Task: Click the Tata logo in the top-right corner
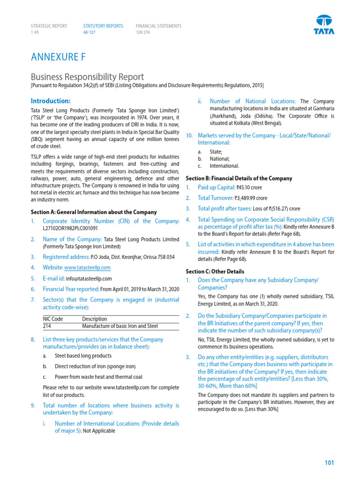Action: click(x=323, y=24)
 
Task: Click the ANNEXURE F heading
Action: click(x=58, y=57)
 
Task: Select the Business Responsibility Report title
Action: click(x=87, y=77)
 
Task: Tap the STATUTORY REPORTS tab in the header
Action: click(x=103, y=26)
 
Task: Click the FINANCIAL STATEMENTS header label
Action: click(x=158, y=26)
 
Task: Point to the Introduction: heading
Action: click(x=51, y=101)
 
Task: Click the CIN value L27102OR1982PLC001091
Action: click(x=70, y=228)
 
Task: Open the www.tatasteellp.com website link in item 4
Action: click(x=87, y=268)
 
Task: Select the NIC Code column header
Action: click(x=53, y=319)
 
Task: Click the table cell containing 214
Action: click(x=47, y=326)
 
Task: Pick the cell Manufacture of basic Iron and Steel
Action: click(x=120, y=326)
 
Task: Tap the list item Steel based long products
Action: click(x=83, y=356)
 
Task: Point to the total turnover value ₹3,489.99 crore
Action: click(x=254, y=198)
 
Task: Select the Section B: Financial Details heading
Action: click(x=239, y=178)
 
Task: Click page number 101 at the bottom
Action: click(x=329, y=463)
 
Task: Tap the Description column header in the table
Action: click(x=94, y=319)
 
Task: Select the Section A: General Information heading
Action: click(x=94, y=212)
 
